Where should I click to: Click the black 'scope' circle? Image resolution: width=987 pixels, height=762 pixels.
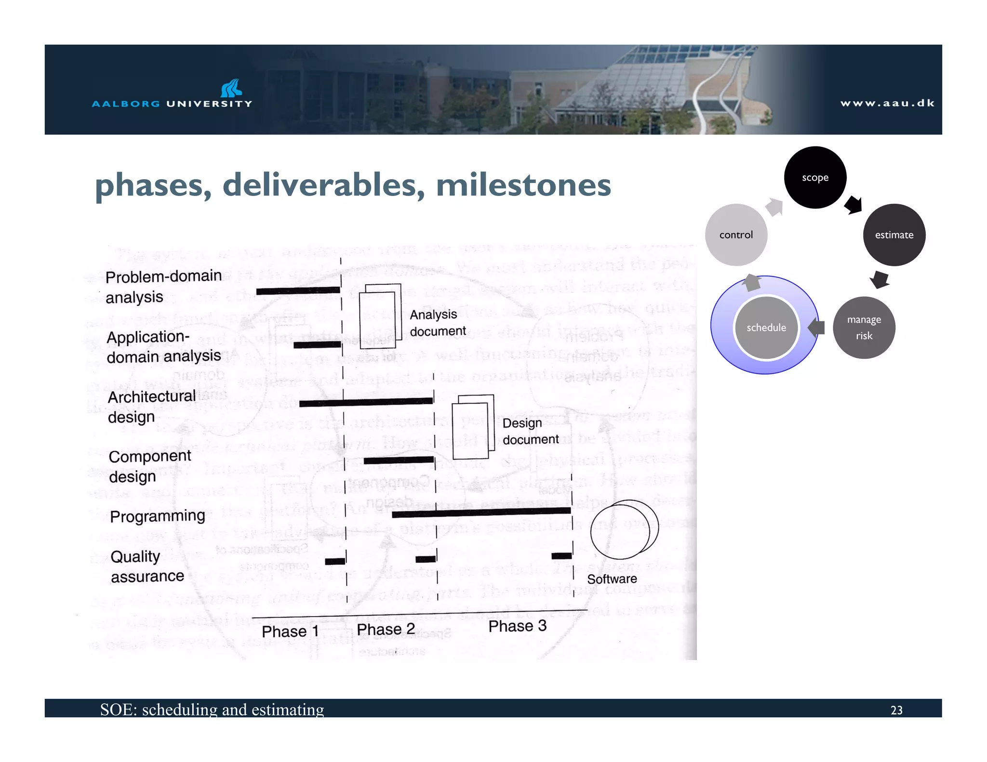815,177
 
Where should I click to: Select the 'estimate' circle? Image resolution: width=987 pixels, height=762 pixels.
894,235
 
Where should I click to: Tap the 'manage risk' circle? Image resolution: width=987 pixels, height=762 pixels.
864,328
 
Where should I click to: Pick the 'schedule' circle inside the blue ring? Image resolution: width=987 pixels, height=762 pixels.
766,328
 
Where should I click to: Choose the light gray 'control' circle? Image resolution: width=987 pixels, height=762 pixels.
736,235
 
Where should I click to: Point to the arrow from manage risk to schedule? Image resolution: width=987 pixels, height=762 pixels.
816,328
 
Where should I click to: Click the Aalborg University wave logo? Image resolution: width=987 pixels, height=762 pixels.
231,88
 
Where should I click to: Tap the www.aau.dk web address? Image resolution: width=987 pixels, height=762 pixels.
887,103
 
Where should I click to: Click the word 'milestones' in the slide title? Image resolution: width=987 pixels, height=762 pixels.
523,185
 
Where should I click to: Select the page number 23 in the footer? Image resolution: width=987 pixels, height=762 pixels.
896,710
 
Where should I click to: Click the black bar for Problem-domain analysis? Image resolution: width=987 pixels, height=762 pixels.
298,290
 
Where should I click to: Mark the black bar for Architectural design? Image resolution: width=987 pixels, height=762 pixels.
366,402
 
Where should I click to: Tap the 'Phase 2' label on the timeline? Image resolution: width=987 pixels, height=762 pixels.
386,630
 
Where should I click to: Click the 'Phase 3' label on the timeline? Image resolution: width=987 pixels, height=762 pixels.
517,626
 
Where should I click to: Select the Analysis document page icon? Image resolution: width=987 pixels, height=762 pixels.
380,316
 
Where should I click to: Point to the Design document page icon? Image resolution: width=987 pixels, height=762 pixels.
473,426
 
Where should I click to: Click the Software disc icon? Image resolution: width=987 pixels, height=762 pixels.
624,529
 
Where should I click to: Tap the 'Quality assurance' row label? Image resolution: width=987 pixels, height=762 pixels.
147,566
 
